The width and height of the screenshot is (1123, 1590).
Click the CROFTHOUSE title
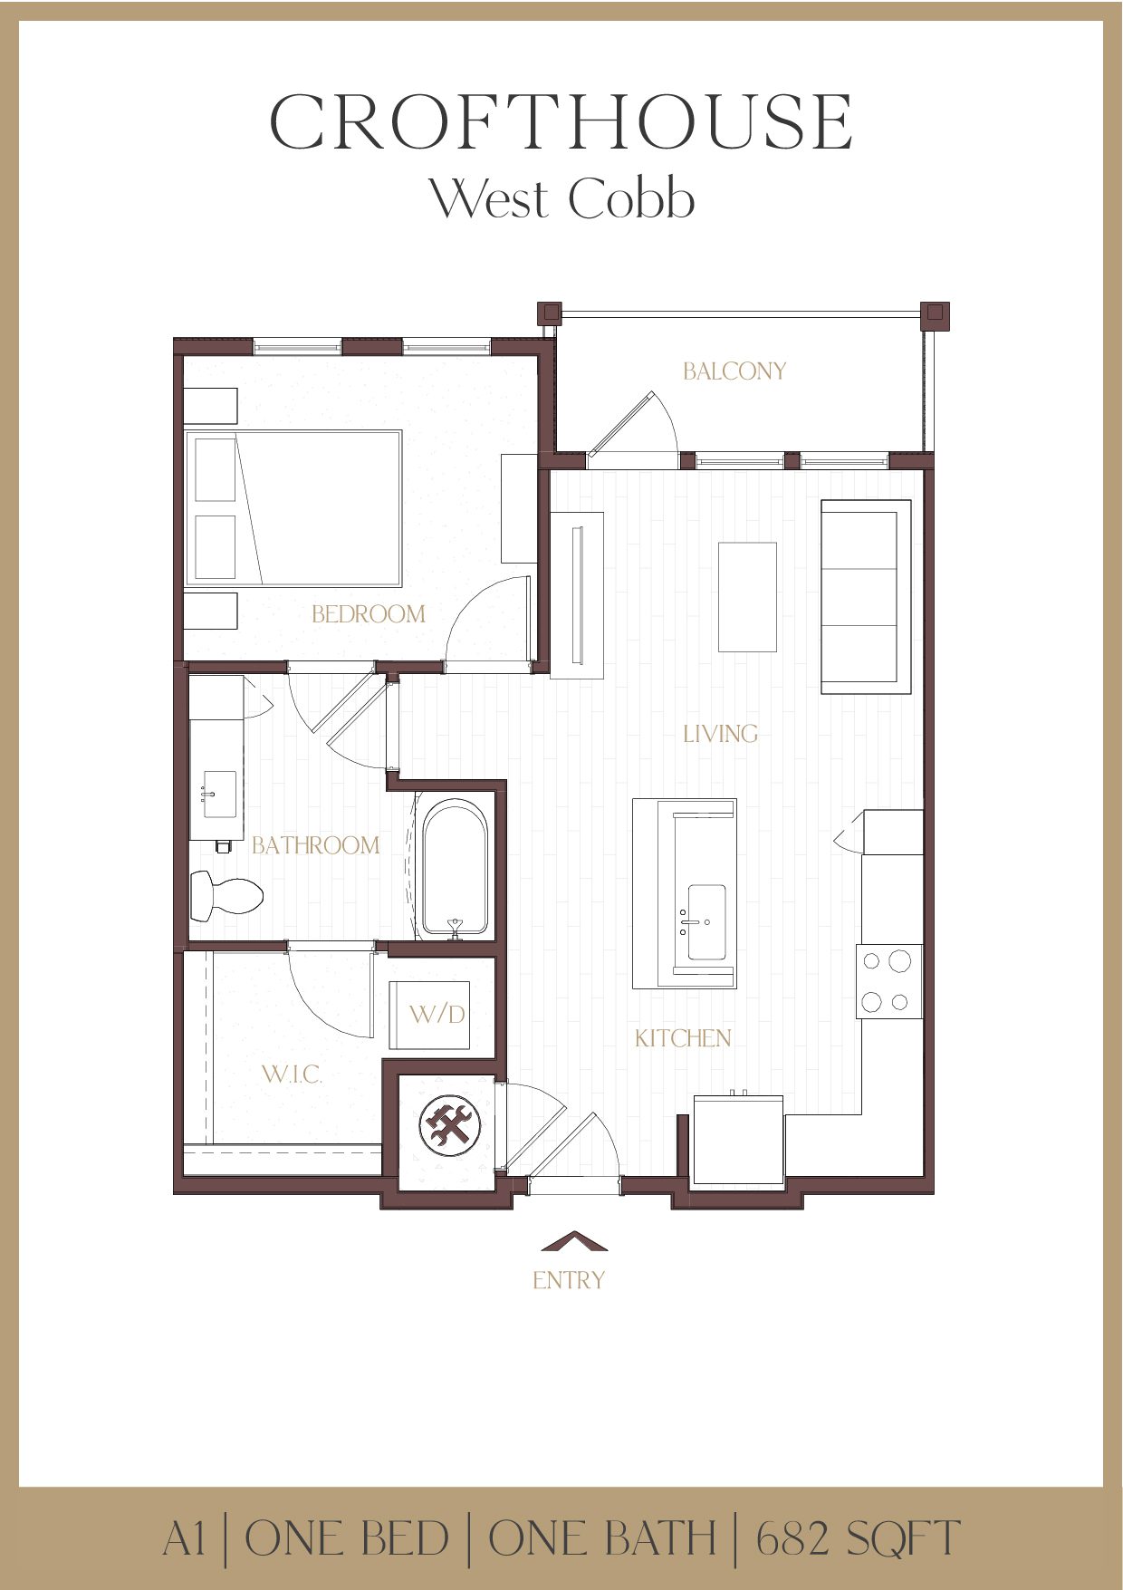pos(561,121)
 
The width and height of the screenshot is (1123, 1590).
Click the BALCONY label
pos(734,371)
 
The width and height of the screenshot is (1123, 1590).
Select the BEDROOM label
pos(368,614)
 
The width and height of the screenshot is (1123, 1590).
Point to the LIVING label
pos(720,734)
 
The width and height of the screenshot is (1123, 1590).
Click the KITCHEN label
pos(683,1038)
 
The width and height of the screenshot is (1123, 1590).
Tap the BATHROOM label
pos(315,845)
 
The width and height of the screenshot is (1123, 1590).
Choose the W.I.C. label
pos(292,1074)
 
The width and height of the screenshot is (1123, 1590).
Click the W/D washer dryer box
pos(430,1015)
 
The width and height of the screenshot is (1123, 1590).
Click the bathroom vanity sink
pos(219,795)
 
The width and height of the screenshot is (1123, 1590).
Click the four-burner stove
pos(889,981)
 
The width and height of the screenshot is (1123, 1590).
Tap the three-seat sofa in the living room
pos(865,596)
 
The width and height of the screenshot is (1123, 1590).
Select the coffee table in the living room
pos(747,596)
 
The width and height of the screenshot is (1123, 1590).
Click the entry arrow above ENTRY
pos(573,1241)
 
